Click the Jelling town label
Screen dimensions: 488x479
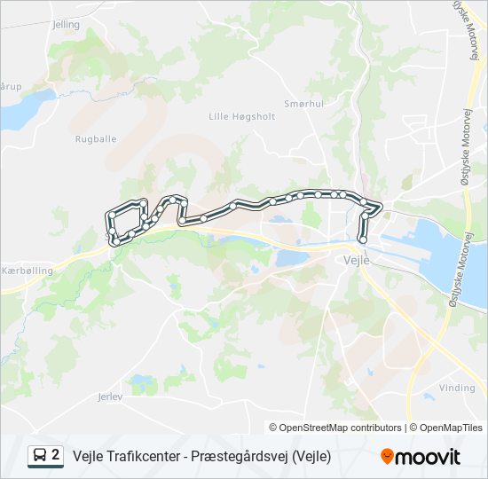click(x=66, y=25)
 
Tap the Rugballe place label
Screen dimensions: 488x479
click(x=96, y=139)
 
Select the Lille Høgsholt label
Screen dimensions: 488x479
click(x=241, y=116)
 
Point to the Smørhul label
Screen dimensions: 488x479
click(x=302, y=104)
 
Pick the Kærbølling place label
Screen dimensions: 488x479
click(x=28, y=270)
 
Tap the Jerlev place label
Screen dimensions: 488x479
click(x=109, y=397)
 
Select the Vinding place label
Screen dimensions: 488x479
click(x=457, y=388)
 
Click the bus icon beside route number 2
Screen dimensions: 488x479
click(x=40, y=456)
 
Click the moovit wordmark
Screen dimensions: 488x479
click(x=429, y=457)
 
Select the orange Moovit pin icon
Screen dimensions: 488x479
click(x=387, y=457)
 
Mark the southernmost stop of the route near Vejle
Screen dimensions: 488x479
click(x=362, y=239)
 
